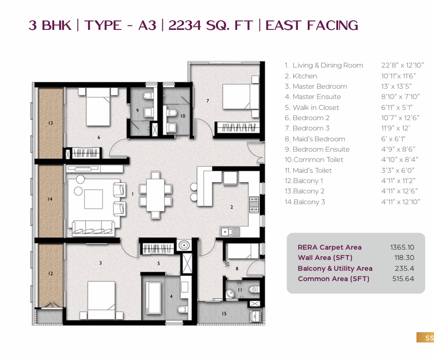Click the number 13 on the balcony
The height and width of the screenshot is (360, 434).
(x=51, y=123)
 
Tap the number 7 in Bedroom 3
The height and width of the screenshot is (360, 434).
(x=208, y=101)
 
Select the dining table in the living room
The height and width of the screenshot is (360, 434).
(x=155, y=195)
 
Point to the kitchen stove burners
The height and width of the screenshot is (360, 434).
(x=254, y=205)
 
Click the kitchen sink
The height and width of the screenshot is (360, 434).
(x=230, y=232)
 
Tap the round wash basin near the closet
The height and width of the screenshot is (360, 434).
(x=184, y=246)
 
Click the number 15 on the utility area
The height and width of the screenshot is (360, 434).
(x=224, y=314)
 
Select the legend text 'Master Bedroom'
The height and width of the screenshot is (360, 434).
(x=320, y=87)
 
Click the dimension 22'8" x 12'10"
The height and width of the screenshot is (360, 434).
(x=403, y=65)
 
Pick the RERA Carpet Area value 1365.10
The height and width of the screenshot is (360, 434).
(x=402, y=247)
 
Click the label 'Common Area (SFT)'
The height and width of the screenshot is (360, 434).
(x=333, y=279)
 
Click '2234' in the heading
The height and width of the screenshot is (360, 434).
(x=185, y=25)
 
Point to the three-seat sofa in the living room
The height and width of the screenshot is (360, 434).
(x=93, y=228)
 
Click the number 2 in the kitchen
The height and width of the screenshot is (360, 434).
(x=231, y=207)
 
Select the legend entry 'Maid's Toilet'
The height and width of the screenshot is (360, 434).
(x=312, y=170)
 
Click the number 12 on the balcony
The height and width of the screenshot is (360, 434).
(x=51, y=273)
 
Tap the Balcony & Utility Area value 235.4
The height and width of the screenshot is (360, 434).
(x=405, y=268)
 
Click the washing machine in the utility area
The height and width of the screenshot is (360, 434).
(x=256, y=316)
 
